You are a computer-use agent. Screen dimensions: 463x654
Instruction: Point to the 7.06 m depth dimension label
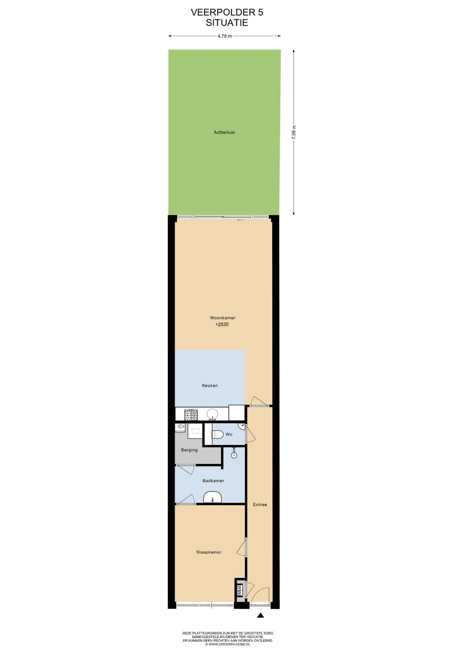coord(294,132)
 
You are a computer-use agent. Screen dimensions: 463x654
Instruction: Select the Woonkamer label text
coord(223,318)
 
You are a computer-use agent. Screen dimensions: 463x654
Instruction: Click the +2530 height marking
coord(222,324)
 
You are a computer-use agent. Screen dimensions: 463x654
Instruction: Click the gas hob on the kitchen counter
coord(191,415)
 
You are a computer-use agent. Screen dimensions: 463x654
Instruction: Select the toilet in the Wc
coord(218,435)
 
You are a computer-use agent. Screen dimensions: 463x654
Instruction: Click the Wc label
coord(229,434)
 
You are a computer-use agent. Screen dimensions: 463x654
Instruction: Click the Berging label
coord(189,450)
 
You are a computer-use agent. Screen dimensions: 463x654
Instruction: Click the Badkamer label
coord(213,481)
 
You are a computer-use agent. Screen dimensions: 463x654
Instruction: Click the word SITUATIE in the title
coord(227,23)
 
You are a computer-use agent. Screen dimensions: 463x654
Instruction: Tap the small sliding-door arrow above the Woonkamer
coord(241,220)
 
